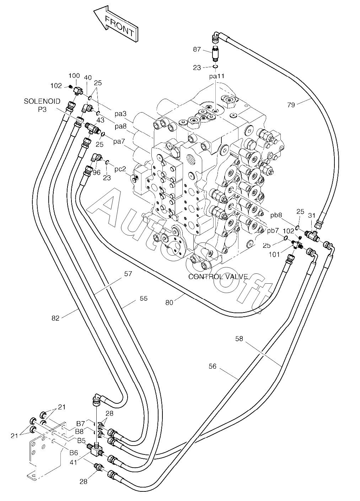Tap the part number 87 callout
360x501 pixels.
click(x=197, y=49)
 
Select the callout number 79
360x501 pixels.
click(x=291, y=105)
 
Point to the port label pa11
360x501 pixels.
click(x=216, y=76)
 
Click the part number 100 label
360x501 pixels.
click(x=74, y=76)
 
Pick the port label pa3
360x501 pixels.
click(x=120, y=114)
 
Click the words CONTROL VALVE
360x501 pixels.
click(x=218, y=277)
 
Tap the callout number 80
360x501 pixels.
click(x=170, y=303)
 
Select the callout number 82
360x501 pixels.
click(x=55, y=318)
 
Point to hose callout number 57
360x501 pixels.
click(x=128, y=274)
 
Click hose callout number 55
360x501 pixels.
click(x=143, y=299)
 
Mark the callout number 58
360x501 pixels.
click(x=239, y=339)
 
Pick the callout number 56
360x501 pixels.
click(x=212, y=366)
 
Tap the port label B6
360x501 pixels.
click(x=74, y=452)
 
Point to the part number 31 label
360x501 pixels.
click(x=312, y=215)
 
